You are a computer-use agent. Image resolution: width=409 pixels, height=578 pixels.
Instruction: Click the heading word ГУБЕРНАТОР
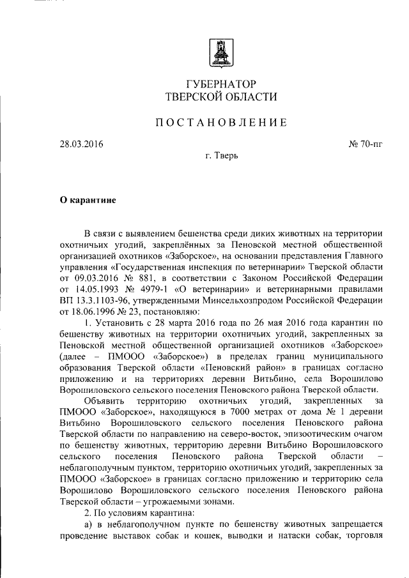(x=221, y=84)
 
